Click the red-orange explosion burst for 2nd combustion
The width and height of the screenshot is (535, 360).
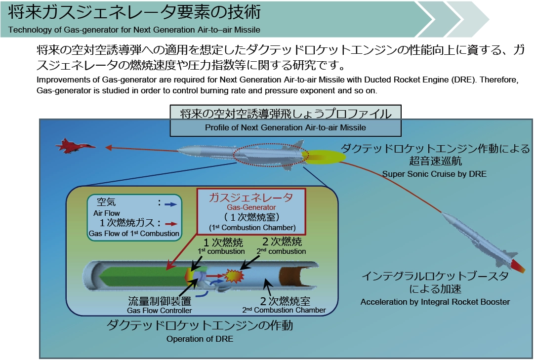pyautogui.click(x=232, y=276)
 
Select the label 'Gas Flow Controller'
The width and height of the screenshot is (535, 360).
pyautogui.click(x=160, y=310)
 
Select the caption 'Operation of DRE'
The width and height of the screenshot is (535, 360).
pyautogui.click(x=200, y=339)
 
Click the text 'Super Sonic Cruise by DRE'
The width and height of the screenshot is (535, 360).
pyautogui.click(x=434, y=174)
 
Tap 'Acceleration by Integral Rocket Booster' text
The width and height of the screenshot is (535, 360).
pyautogui.click(x=435, y=302)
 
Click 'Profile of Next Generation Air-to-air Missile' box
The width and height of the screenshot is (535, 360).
pyautogui.click(x=286, y=127)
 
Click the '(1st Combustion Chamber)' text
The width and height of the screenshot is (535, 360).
pyautogui.click(x=252, y=228)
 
